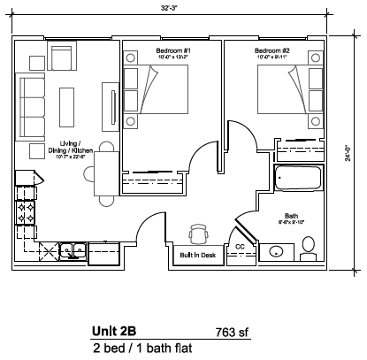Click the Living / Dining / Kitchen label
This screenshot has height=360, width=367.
click(74, 149)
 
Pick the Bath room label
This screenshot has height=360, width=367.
click(291, 215)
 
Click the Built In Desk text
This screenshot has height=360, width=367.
click(197, 255)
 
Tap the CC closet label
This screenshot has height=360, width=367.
click(240, 247)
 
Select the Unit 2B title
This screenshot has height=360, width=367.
click(114, 332)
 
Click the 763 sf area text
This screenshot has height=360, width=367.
click(233, 333)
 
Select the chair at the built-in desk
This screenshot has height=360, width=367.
click(198, 234)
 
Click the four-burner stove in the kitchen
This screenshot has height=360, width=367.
click(27, 213)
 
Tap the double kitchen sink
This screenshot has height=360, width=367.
click(71, 250)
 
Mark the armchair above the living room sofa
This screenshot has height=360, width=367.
click(59, 58)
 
